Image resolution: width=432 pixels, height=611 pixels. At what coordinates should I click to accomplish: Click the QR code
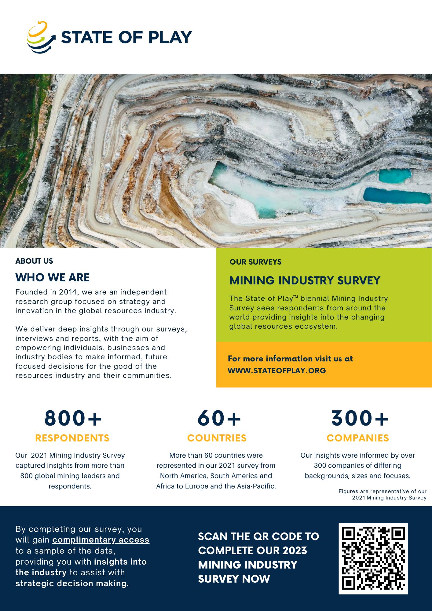(x=373, y=558)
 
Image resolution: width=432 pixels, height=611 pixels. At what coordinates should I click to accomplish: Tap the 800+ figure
(x=73, y=418)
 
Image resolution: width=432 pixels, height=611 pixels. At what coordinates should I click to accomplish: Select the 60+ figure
(x=219, y=418)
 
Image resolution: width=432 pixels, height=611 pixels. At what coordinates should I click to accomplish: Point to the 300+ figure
(x=360, y=418)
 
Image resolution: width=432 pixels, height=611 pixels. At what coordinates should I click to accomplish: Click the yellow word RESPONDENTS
(x=72, y=438)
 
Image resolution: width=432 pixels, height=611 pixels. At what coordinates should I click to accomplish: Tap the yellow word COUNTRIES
(x=217, y=438)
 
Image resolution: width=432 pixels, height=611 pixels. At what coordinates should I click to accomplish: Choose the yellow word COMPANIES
(x=357, y=438)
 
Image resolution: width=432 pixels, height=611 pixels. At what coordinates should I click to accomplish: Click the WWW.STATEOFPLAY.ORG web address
(x=277, y=371)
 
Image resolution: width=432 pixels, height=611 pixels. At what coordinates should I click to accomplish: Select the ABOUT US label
(x=34, y=261)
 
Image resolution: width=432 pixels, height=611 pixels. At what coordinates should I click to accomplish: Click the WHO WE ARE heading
(x=53, y=277)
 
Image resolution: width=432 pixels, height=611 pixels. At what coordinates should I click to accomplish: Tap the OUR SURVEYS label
(x=255, y=262)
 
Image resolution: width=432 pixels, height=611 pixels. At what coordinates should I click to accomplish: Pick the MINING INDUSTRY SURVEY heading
(x=305, y=280)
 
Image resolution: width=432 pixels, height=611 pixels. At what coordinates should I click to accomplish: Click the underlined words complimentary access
(x=101, y=540)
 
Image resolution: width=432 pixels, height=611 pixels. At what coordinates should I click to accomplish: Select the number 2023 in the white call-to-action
(x=295, y=550)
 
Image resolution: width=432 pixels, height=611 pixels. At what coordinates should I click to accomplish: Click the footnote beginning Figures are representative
(x=383, y=494)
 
